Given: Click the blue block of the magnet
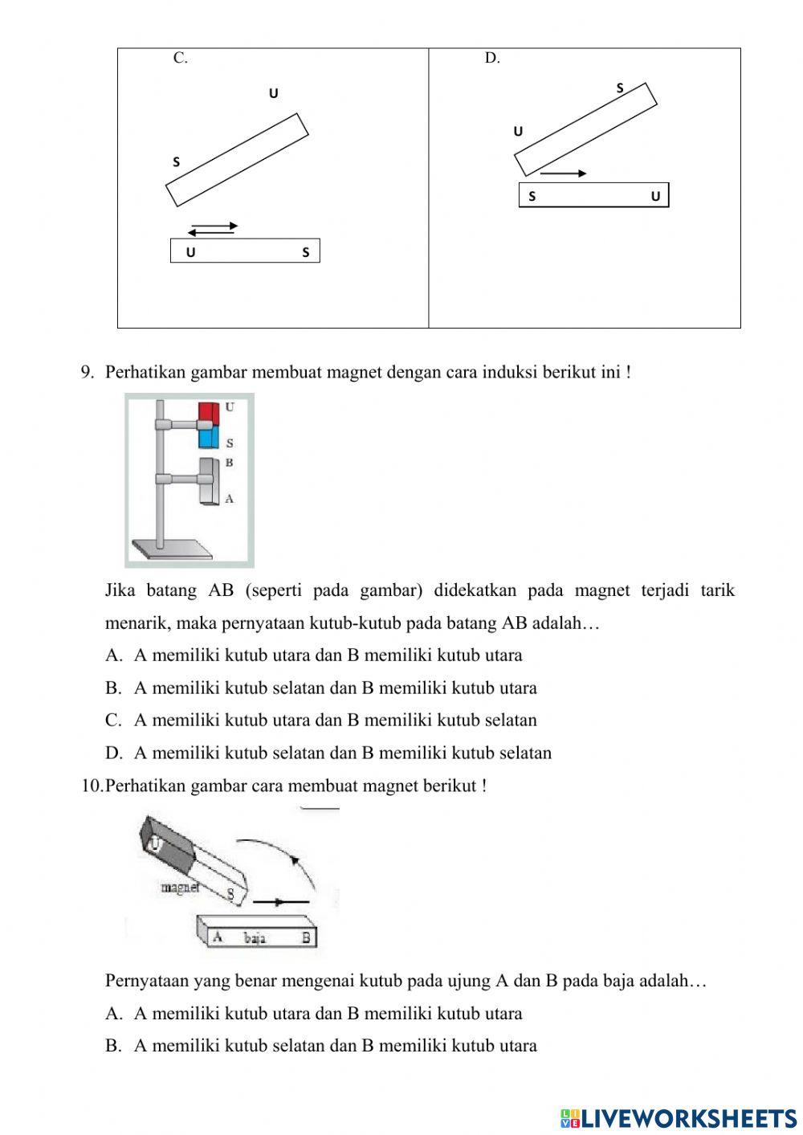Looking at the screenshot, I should coord(208,437).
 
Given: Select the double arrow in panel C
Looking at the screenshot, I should coord(214,229).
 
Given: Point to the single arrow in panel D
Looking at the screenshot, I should coord(563,173).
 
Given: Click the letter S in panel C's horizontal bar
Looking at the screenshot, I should coord(305,252).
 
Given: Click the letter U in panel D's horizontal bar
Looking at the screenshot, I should coord(655,196).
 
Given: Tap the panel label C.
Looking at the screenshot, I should coord(180,58).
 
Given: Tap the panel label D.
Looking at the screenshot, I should coord(491,58).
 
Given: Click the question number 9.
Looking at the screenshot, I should coord(88,373).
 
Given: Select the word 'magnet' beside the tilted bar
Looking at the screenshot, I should coord(180,888).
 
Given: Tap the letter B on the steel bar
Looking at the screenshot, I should coord(305,937).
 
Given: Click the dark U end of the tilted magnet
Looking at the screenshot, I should coord(161,843).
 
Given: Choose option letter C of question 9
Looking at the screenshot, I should coord(112,721).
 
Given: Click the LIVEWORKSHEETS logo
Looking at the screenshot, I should coord(679,1117).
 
